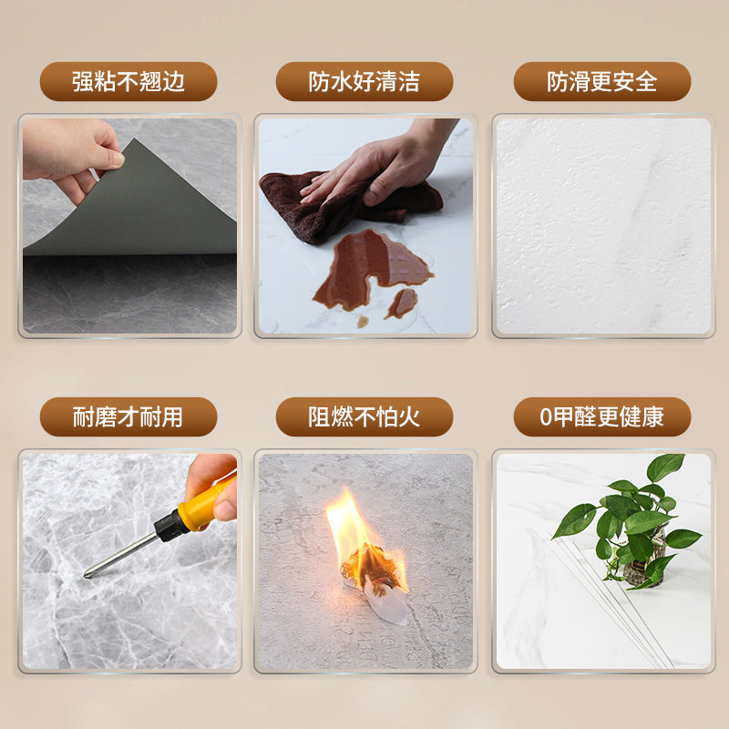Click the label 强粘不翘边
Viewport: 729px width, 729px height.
click(128, 82)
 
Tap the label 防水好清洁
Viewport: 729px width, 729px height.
click(364, 82)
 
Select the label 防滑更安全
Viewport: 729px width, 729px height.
click(602, 82)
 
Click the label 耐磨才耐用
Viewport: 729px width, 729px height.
click(128, 417)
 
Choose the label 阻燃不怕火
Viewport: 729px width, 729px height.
click(364, 417)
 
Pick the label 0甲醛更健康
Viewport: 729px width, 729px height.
click(602, 417)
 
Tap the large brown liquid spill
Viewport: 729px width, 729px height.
click(364, 270)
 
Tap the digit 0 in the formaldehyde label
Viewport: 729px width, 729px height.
click(547, 417)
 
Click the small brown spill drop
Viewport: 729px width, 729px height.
click(400, 303)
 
